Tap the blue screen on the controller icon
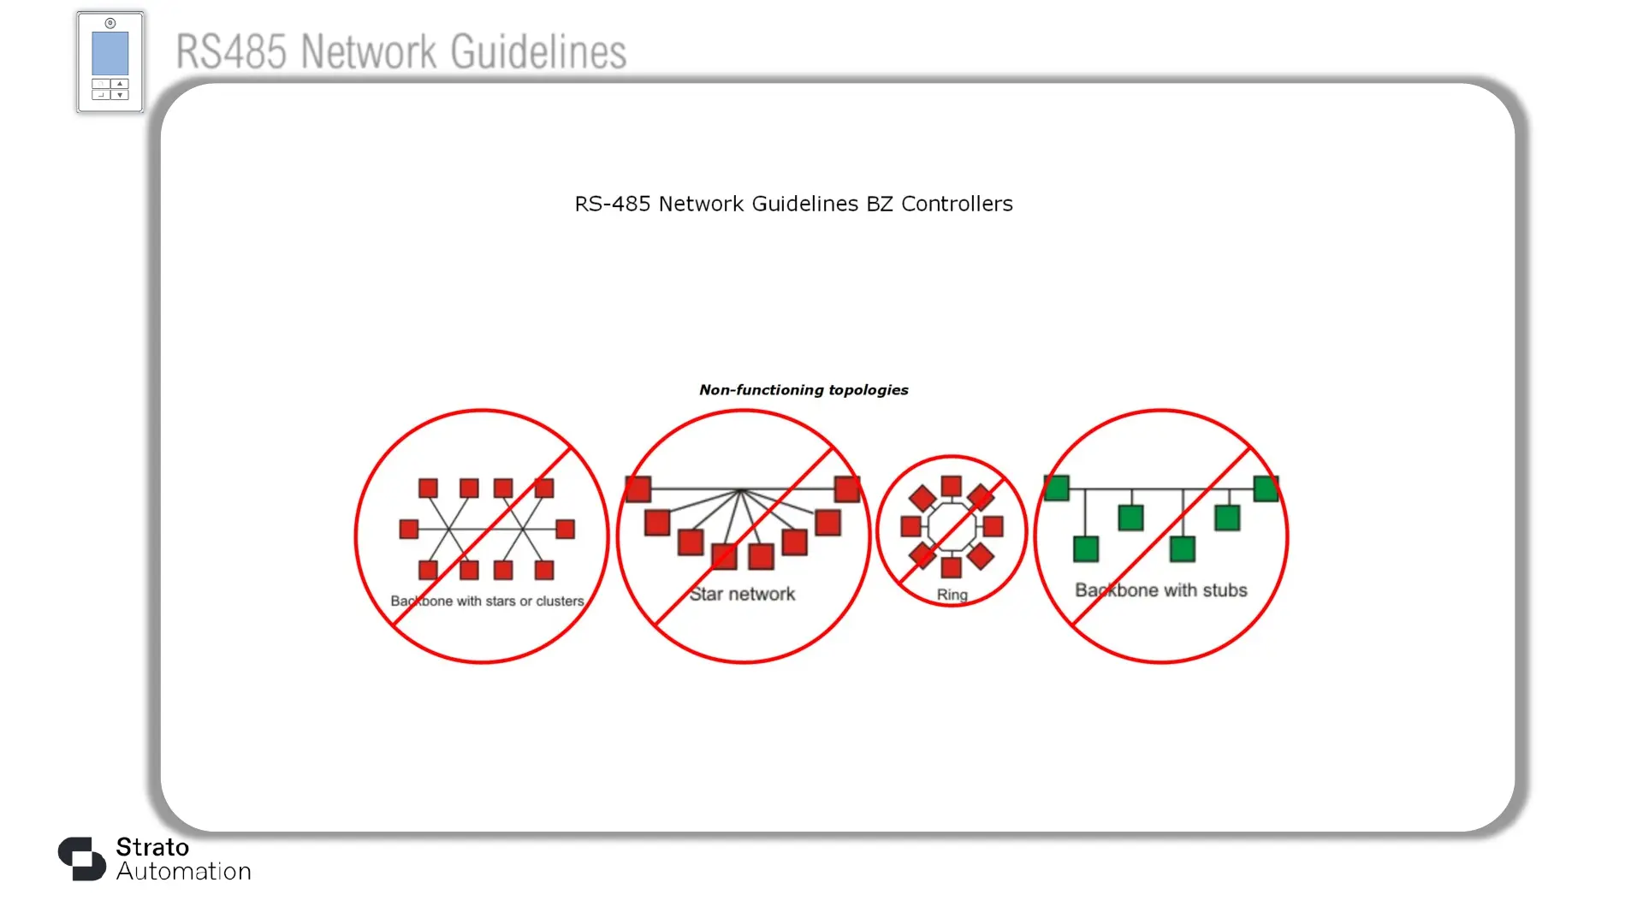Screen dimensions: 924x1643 [110, 54]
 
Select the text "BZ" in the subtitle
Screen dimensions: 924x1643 [880, 204]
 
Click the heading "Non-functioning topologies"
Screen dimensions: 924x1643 [804, 390]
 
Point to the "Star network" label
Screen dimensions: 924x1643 [743, 594]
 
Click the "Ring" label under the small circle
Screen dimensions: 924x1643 [952, 595]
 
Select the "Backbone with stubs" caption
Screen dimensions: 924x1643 [1161, 590]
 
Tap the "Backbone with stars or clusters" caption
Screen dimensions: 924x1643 [487, 601]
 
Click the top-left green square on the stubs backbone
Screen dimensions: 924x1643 [1057, 489]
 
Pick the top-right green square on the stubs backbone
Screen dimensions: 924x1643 [1266, 489]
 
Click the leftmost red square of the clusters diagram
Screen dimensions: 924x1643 [409, 530]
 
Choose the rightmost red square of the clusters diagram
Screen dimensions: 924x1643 [565, 530]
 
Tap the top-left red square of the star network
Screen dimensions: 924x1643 [638, 489]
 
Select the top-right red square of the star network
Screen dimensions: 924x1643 [847, 489]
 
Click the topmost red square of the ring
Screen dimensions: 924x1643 [952, 487]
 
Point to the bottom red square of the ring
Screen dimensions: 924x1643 [952, 566]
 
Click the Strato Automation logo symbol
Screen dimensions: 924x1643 [82, 859]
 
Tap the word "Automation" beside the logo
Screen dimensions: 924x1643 [184, 872]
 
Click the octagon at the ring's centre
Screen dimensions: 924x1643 [952, 527]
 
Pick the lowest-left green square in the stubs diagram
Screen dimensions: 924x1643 [1086, 549]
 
